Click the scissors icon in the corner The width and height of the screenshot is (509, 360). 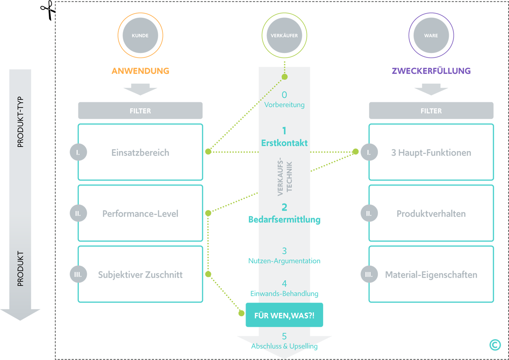pyautogui.click(x=48, y=10)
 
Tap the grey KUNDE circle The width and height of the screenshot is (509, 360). pyautogui.click(x=140, y=36)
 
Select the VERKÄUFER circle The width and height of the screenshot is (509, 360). pyautogui.click(x=284, y=36)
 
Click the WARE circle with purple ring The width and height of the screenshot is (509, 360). pyautogui.click(x=431, y=36)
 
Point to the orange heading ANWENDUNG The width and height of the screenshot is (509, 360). pyautogui.click(x=140, y=71)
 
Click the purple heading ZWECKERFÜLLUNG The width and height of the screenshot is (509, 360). pyautogui.click(x=431, y=71)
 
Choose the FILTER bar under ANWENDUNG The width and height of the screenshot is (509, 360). pyautogui.click(x=140, y=111)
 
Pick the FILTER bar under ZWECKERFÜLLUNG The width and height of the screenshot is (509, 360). pyautogui.click(x=431, y=111)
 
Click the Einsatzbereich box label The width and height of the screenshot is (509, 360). pyautogui.click(x=140, y=153)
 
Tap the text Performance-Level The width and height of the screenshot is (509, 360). pyautogui.click(x=140, y=214)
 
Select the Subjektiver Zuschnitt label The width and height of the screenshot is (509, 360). pyautogui.click(x=140, y=275)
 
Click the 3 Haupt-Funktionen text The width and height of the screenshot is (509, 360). pyautogui.click(x=431, y=153)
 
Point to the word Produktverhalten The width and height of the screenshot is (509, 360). pyautogui.click(x=431, y=214)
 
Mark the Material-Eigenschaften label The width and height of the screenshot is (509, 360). pyautogui.click(x=431, y=275)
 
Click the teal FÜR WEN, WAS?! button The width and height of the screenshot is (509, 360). pyautogui.click(x=284, y=315)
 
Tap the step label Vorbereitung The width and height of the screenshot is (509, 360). pyautogui.click(x=284, y=104)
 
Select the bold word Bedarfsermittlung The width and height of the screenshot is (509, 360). pyautogui.click(x=284, y=219)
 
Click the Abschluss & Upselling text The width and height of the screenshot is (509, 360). pyautogui.click(x=284, y=346)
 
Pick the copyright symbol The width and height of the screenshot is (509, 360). pyautogui.click(x=495, y=345)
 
